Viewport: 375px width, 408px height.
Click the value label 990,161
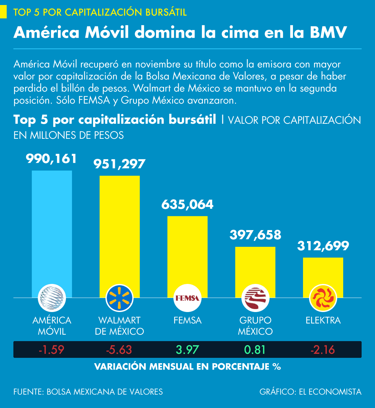52,159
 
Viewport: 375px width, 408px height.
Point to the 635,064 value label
187,204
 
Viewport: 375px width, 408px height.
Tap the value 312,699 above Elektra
323,246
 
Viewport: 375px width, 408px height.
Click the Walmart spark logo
120,298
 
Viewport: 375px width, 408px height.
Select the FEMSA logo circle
187,298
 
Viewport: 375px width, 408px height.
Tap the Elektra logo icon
323,298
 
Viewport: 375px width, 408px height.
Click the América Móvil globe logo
52,298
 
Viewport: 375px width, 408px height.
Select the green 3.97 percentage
187,350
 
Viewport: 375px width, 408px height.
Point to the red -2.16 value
323,350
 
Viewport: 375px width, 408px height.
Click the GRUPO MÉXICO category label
255,326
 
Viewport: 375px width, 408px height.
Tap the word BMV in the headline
328,33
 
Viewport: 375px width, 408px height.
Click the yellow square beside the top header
3,12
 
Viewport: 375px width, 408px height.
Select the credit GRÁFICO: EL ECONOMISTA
310,392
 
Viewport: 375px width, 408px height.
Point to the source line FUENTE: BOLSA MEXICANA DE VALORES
88,392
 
